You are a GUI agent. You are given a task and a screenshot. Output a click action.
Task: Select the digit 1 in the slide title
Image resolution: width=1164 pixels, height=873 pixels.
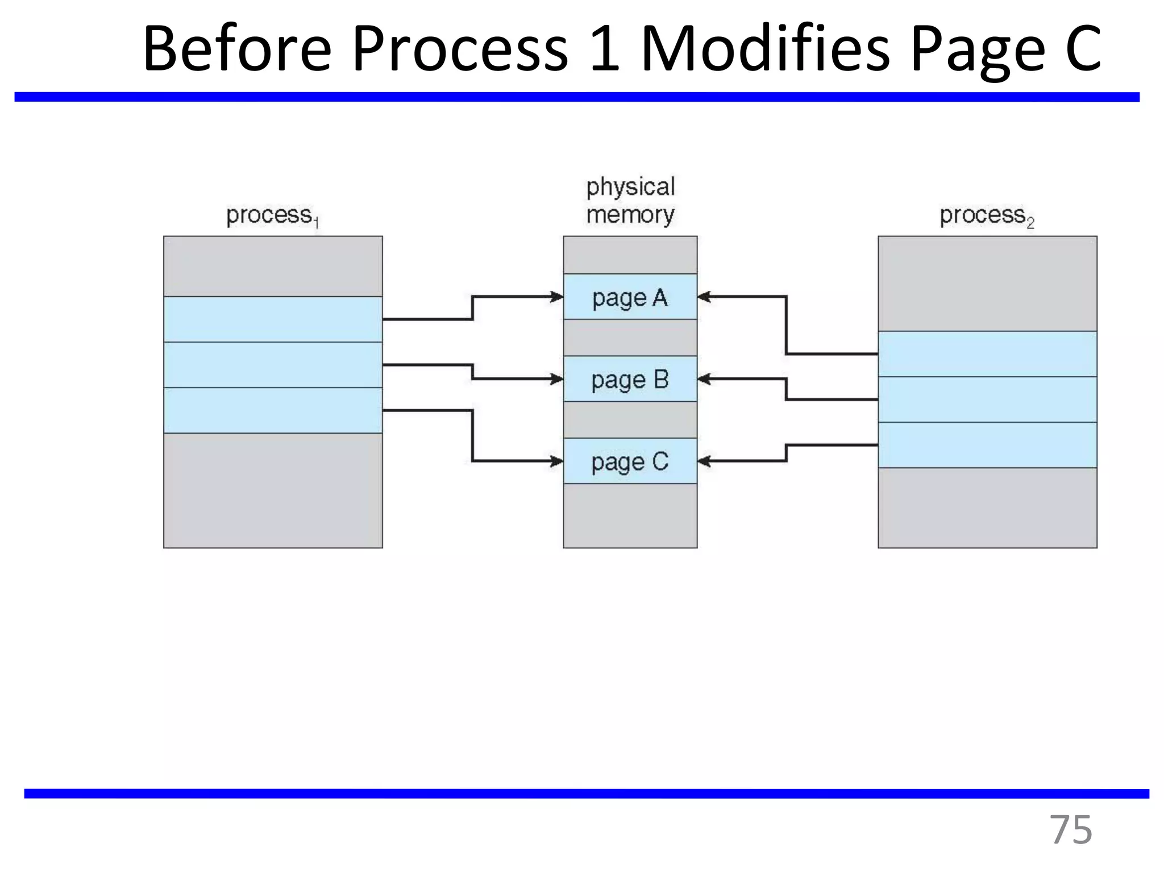tap(604, 50)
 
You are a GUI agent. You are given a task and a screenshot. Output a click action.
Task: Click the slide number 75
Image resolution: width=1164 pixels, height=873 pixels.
tap(1070, 830)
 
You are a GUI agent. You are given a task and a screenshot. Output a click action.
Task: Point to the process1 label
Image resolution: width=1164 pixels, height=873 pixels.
tap(272, 216)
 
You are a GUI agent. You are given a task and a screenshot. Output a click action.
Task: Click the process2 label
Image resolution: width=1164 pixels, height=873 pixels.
tap(987, 216)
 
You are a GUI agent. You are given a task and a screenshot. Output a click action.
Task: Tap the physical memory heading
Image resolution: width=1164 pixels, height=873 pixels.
tap(630, 201)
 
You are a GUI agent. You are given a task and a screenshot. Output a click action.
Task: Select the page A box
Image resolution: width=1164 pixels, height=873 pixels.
tap(630, 297)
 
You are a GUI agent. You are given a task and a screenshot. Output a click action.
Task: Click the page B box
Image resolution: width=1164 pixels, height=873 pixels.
tap(630, 379)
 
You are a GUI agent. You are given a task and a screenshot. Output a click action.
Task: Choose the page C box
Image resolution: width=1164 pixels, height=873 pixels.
tap(630, 461)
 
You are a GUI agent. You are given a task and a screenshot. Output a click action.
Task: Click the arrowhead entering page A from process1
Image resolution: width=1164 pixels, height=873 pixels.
tap(556, 297)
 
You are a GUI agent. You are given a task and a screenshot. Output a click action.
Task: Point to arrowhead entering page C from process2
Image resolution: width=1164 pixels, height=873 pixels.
tap(705, 461)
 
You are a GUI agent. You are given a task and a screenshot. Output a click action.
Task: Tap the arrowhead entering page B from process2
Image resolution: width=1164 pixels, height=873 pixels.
tap(705, 379)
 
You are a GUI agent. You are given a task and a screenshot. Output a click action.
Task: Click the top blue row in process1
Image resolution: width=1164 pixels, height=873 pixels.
tap(273, 319)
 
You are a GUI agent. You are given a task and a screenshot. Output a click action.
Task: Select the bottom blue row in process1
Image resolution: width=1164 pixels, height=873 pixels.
tap(273, 410)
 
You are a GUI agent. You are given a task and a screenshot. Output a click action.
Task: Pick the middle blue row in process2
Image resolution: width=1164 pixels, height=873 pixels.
tap(987, 400)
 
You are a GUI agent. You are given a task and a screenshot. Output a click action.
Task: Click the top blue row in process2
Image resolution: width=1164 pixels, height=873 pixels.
tap(987, 354)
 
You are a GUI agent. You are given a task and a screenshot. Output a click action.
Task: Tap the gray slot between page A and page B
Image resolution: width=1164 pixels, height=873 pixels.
tap(630, 338)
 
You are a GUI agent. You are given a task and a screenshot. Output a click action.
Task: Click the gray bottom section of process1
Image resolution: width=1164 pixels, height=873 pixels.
tap(273, 490)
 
